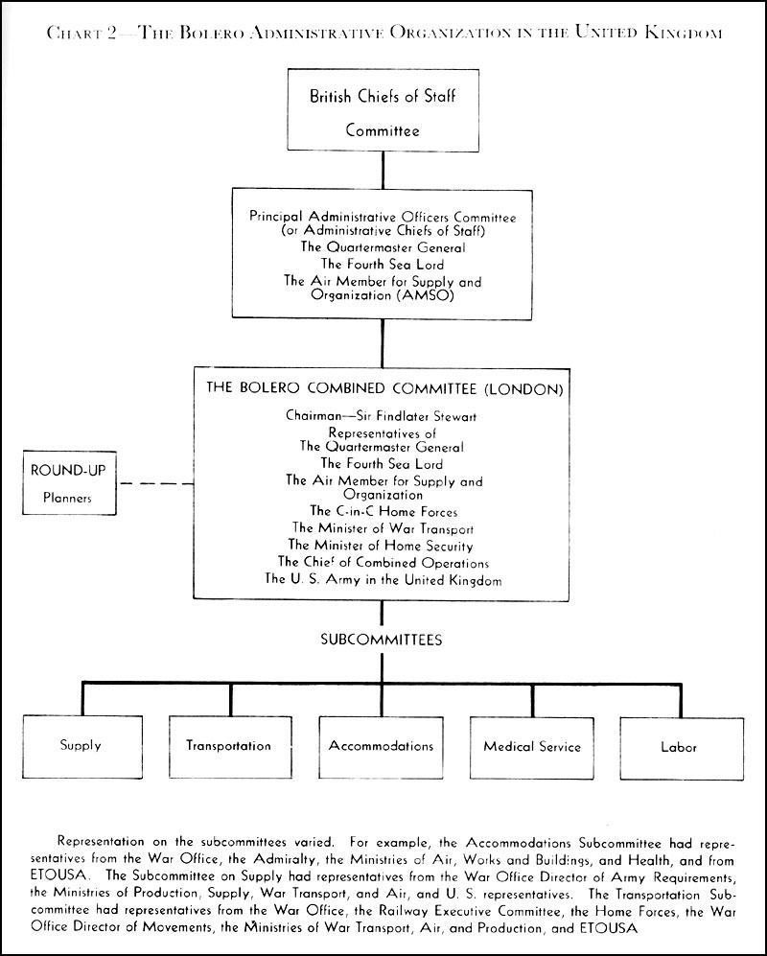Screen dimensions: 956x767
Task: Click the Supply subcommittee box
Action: [81, 746]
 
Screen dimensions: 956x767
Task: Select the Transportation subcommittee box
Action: [228, 746]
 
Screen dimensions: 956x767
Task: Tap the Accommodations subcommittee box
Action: [381, 746]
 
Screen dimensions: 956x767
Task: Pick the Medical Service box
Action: [532, 746]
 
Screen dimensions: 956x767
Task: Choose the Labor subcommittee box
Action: [679, 746]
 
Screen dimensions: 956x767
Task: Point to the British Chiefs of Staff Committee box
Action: [383, 112]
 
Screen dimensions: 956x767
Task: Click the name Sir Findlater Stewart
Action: [419, 417]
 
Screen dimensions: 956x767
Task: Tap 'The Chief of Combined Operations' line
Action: [383, 562]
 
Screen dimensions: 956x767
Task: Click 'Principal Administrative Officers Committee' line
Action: [383, 218]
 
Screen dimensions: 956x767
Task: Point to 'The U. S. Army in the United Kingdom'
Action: [383, 579]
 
